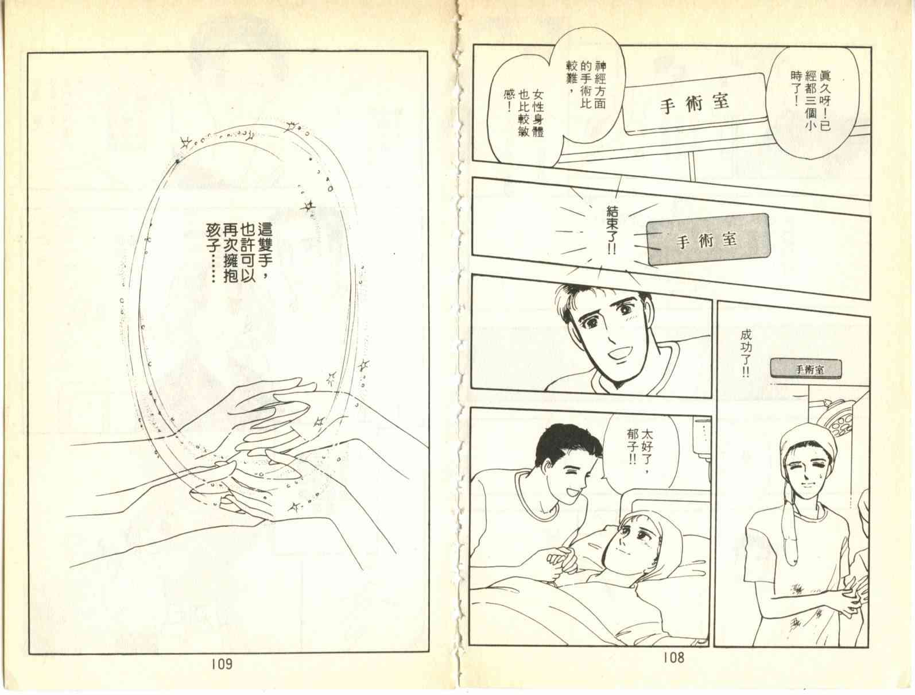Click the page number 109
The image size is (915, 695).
pos(222,663)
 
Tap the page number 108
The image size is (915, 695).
pos(674,658)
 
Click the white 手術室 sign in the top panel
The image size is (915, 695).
pos(694,103)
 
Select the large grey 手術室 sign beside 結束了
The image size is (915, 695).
pos(708,240)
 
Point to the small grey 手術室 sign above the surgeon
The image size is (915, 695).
pos(805,369)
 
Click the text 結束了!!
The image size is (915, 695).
pos(612,230)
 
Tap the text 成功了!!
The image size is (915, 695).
pos(746,354)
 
